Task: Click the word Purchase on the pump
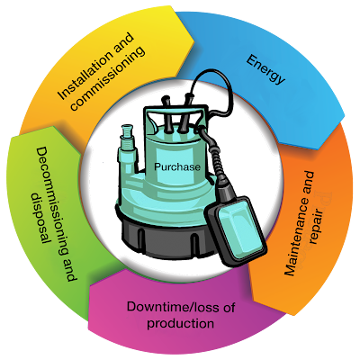[177, 166]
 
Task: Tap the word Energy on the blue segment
[265, 69]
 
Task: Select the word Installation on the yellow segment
[95, 67]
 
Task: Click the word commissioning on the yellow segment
[109, 78]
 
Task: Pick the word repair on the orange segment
[317, 227]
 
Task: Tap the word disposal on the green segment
[41, 218]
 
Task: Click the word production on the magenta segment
[181, 324]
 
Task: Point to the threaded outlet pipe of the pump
[127, 140]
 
